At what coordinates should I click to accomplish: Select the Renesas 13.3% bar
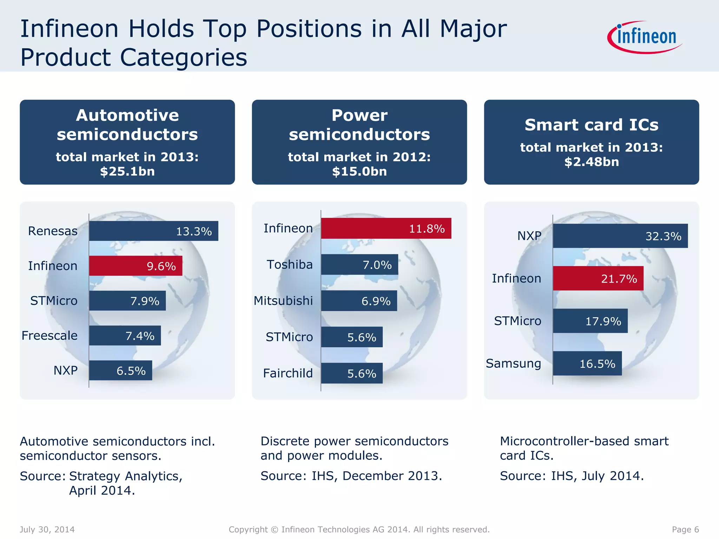click(153, 231)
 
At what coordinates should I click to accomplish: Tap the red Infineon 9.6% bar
click(136, 266)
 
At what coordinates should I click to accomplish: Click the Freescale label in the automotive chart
click(50, 335)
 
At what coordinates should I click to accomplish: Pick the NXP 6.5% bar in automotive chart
click(120, 370)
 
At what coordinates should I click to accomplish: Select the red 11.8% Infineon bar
click(386, 228)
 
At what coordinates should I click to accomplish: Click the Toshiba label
click(290, 264)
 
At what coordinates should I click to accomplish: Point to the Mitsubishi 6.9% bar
click(359, 301)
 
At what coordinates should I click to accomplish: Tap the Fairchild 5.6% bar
click(352, 373)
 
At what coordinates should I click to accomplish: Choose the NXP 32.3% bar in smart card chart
click(620, 236)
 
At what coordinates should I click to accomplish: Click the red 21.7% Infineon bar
click(598, 278)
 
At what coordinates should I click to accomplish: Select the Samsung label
click(513, 364)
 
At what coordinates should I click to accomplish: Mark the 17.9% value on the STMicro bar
click(603, 321)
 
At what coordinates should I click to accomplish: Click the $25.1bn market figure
click(127, 171)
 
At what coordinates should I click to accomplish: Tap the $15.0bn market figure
click(359, 171)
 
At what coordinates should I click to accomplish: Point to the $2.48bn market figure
click(591, 162)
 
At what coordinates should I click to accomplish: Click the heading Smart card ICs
click(591, 125)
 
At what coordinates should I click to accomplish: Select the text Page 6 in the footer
click(685, 529)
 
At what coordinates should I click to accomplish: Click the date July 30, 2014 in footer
click(47, 529)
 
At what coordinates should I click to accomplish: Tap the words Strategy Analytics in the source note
click(126, 476)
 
